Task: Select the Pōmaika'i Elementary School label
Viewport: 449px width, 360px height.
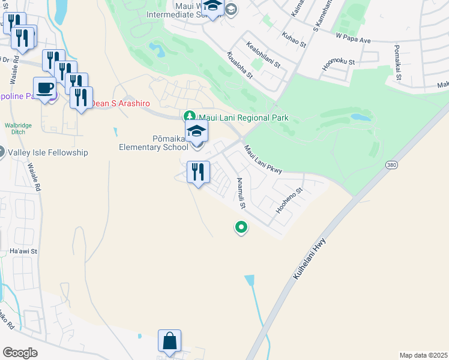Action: [x=154, y=143]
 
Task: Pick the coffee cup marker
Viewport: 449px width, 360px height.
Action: [x=45, y=88]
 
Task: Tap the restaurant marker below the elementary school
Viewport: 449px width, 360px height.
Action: [x=198, y=172]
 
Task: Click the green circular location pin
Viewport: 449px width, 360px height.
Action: [x=241, y=227]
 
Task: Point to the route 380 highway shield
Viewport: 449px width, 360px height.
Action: [x=391, y=164]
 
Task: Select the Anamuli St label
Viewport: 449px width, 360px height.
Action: [x=241, y=193]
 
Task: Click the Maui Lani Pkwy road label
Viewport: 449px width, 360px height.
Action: [x=263, y=159]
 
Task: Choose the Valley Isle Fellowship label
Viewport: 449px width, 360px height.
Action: [x=48, y=152]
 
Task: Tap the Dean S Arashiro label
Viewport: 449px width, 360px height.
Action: [x=120, y=103]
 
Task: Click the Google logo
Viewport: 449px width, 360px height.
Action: [x=20, y=353]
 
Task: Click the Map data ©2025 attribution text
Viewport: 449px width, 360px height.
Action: [x=423, y=355]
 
